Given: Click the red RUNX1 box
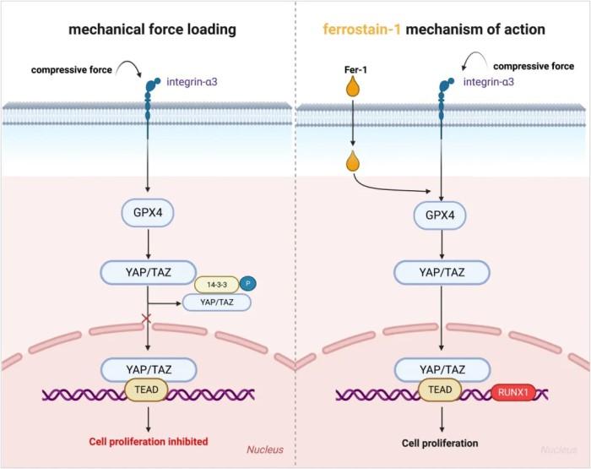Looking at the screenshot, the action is click(513, 392).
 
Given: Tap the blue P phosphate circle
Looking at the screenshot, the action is click(247, 283).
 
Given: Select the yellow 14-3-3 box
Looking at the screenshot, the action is click(217, 285).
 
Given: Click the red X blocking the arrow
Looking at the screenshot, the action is click(146, 319).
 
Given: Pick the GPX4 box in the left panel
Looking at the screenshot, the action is click(148, 213).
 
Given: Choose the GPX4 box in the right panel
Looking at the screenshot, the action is click(440, 215).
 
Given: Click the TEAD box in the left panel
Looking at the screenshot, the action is click(146, 390).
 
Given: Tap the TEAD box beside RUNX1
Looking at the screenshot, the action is click(440, 390).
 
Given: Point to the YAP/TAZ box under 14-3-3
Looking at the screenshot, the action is click(217, 303).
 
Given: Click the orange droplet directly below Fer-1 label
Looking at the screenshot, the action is click(352, 85).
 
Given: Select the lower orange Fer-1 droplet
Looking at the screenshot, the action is click(352, 161).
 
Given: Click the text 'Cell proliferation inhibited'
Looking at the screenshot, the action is click(149, 441).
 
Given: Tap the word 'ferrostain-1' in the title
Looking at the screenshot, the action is click(362, 29).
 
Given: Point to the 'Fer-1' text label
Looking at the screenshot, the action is click(355, 70).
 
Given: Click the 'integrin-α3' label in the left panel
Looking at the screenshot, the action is click(192, 82).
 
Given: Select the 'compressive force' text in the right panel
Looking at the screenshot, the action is click(534, 67).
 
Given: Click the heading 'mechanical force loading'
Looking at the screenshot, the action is click(152, 30).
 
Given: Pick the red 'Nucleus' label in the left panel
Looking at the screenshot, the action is click(265, 450).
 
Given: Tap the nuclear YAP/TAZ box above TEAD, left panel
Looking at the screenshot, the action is click(149, 369).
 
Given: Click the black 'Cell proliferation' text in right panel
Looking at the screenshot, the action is click(440, 443).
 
